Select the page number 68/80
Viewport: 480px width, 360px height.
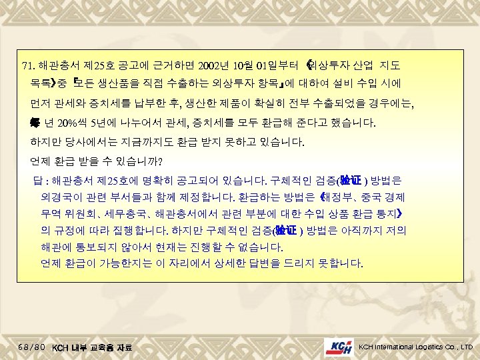point(33,347)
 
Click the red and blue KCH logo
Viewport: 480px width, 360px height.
point(339,347)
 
